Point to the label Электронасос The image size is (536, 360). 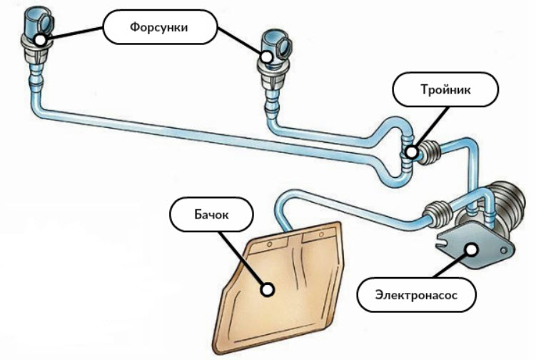point(414,294)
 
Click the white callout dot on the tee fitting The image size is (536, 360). point(411,151)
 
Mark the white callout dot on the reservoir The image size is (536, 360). point(268,290)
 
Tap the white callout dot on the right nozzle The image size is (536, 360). point(265,56)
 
